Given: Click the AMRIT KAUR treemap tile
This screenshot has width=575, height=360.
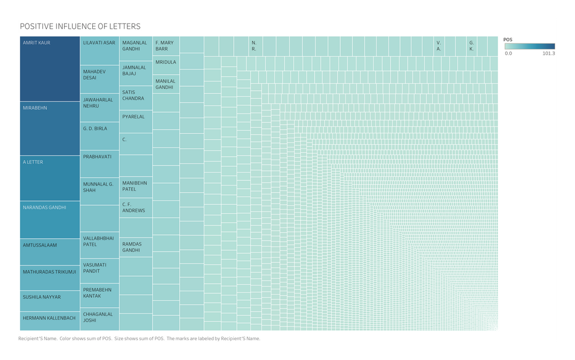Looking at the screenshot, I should (x=50, y=69).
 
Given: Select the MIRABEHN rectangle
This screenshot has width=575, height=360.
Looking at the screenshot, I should (x=50, y=128).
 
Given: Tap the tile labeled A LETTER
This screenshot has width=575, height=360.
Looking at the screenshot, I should (x=50, y=178).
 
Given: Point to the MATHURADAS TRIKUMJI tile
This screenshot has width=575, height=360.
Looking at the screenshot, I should (x=50, y=278).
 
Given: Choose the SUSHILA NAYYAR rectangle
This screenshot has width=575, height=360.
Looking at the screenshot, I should (x=50, y=301).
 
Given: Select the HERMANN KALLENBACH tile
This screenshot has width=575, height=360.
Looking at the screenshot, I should (x=50, y=321).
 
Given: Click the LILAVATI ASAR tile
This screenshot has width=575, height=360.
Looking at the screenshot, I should (x=99, y=51).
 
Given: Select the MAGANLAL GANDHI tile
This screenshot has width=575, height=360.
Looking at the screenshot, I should (x=136, y=49).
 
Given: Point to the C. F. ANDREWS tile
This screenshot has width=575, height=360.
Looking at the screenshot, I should (x=136, y=207).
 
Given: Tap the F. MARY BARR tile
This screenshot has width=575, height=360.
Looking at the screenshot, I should (x=166, y=46).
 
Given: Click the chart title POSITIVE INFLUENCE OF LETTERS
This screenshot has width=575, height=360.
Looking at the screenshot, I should (x=80, y=26).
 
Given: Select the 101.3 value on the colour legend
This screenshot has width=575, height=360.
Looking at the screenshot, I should (x=549, y=53).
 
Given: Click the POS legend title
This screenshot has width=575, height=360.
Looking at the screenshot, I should (x=508, y=39).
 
